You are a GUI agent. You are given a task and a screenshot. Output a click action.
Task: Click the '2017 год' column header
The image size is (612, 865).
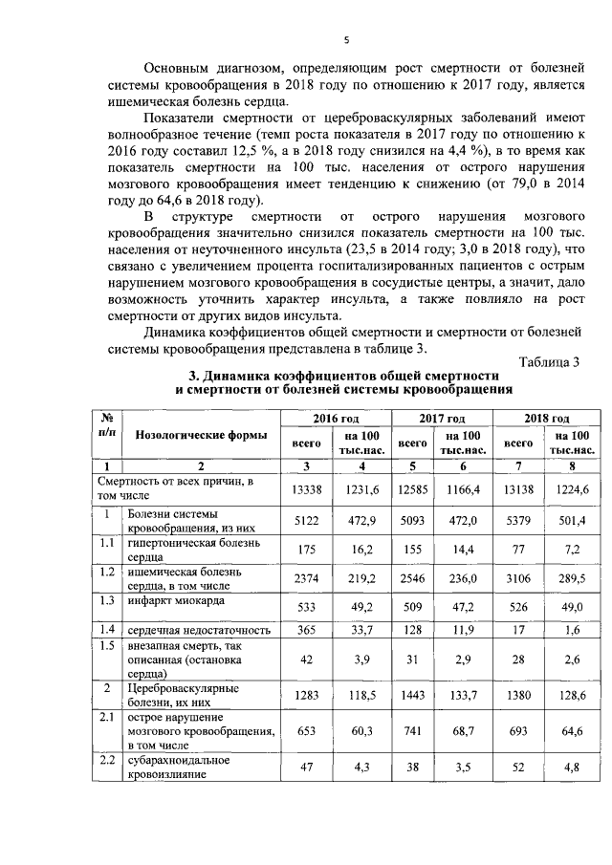click(441, 419)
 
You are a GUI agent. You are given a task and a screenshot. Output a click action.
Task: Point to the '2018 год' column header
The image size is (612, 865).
click(547, 419)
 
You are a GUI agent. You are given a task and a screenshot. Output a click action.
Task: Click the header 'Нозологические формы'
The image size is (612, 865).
click(201, 434)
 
